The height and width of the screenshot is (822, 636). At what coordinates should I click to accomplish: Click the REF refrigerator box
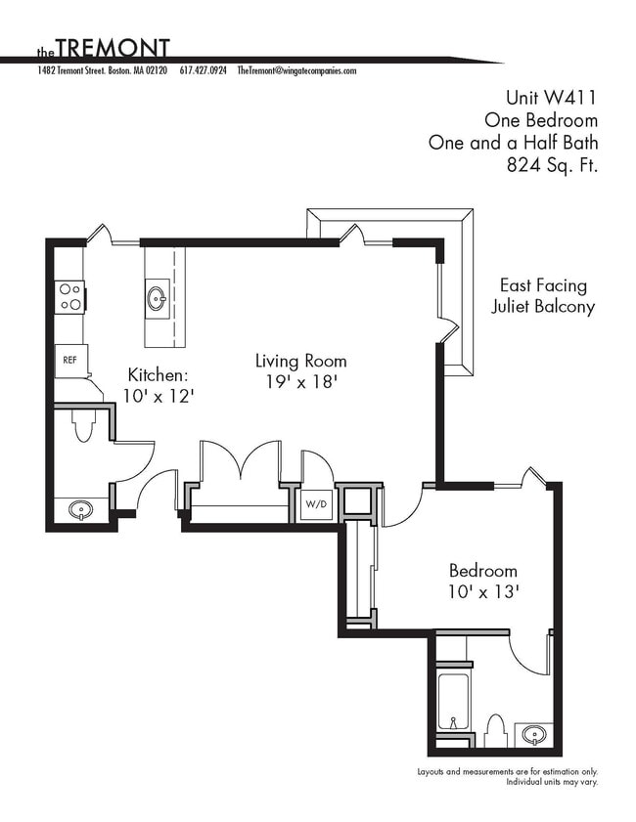pyautogui.click(x=70, y=360)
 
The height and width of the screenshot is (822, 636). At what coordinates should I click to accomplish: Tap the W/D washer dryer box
pyautogui.click(x=316, y=505)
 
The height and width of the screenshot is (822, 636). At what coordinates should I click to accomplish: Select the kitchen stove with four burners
pyautogui.click(x=69, y=297)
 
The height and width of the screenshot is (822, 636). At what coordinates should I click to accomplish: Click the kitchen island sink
pyautogui.click(x=157, y=298)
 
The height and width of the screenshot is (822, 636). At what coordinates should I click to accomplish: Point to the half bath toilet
pyautogui.click(x=82, y=424)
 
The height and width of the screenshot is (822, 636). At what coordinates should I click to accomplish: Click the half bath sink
pyautogui.click(x=81, y=510)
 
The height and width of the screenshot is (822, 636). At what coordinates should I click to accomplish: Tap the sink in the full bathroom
pyautogui.click(x=533, y=734)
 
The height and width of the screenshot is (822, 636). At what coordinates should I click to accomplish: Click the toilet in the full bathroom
pyautogui.click(x=495, y=730)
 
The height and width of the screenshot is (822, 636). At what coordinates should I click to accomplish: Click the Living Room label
pyautogui.click(x=300, y=361)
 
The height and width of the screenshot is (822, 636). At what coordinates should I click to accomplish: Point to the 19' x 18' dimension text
pyautogui.click(x=300, y=382)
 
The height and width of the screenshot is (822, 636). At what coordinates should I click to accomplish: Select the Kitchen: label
pyautogui.click(x=159, y=374)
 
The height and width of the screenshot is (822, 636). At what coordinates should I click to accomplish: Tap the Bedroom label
pyautogui.click(x=483, y=571)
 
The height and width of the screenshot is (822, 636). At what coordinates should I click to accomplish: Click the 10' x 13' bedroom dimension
pyautogui.click(x=483, y=591)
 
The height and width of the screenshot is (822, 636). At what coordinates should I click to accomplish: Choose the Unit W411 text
pyautogui.click(x=550, y=97)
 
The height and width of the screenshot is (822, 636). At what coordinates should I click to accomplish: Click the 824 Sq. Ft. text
pyautogui.click(x=552, y=165)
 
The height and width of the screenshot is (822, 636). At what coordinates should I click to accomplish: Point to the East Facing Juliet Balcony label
pyautogui.click(x=543, y=296)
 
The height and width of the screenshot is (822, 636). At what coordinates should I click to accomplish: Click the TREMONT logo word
pyautogui.click(x=113, y=48)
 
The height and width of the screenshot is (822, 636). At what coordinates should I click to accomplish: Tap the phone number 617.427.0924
pyautogui.click(x=204, y=71)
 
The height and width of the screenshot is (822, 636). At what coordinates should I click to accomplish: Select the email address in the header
pyautogui.click(x=296, y=71)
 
